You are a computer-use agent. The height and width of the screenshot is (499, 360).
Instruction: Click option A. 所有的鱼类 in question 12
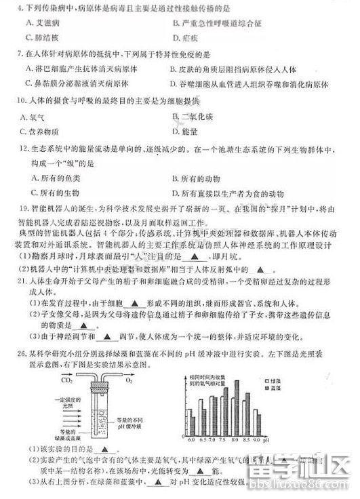click(x=47, y=178)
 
